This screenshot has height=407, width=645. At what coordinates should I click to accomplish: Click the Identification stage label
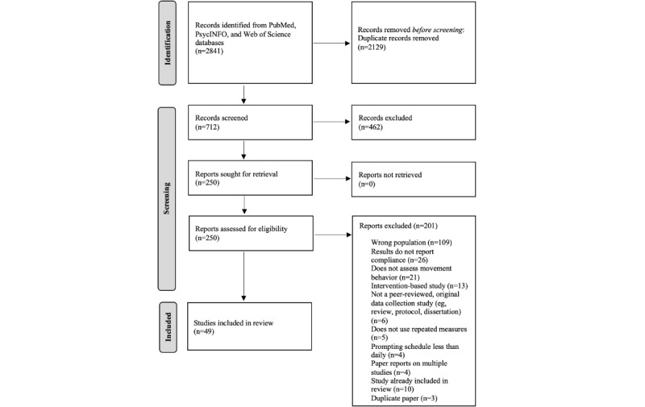tap(168, 44)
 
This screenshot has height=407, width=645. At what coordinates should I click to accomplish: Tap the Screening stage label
tap(167, 198)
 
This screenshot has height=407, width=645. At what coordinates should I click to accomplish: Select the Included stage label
tap(168, 327)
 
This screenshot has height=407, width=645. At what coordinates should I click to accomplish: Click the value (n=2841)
tap(209, 51)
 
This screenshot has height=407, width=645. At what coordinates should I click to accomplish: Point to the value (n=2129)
tap(372, 47)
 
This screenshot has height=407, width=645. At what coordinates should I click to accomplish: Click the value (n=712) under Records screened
tap(207, 127)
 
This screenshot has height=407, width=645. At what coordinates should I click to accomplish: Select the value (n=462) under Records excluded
tap(371, 127)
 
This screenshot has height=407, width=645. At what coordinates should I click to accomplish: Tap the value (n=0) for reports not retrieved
tap(367, 184)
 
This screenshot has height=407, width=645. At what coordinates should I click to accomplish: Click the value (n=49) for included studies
tap(204, 331)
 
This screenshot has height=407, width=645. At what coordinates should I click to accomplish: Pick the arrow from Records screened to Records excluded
tap(331, 122)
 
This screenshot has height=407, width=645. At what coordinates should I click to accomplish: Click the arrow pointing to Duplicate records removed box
tap(331, 44)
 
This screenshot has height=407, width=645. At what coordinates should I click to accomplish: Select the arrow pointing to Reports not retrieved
tap(332, 178)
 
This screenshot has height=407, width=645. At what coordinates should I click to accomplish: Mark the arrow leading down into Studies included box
tap(244, 276)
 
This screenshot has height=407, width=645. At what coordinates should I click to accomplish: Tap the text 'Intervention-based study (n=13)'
tap(419, 286)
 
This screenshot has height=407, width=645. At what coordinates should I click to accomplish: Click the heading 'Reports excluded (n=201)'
tap(398, 226)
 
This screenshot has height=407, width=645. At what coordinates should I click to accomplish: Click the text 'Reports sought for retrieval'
tap(236, 174)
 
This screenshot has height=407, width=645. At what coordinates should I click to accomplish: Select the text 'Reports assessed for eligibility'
tap(241, 229)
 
